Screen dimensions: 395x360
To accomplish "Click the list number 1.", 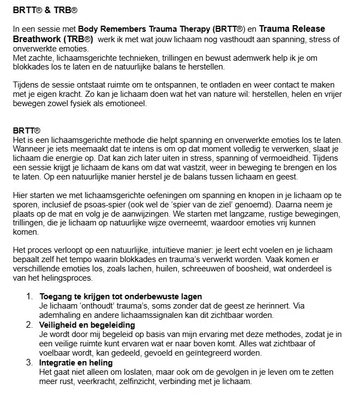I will tap(30, 297).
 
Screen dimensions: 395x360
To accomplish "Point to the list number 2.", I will tap(30, 325).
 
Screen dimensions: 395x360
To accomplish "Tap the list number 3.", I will tap(30, 362).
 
